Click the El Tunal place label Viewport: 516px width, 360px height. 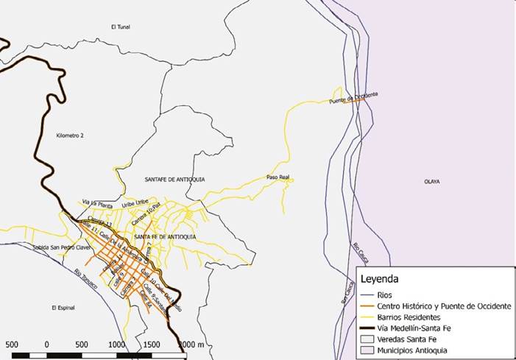coord(120,27)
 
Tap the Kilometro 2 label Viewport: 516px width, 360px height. coord(71,136)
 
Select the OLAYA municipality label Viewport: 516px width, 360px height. coord(433,180)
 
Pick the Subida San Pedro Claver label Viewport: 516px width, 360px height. coord(60,247)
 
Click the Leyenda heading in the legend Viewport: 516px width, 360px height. coord(379,280)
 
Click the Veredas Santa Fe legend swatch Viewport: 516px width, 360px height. coord(366,339)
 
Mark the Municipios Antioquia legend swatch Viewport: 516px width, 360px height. coord(366,350)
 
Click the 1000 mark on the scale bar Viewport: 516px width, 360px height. coord(116,344)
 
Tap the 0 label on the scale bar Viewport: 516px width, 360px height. coord(46,344)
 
